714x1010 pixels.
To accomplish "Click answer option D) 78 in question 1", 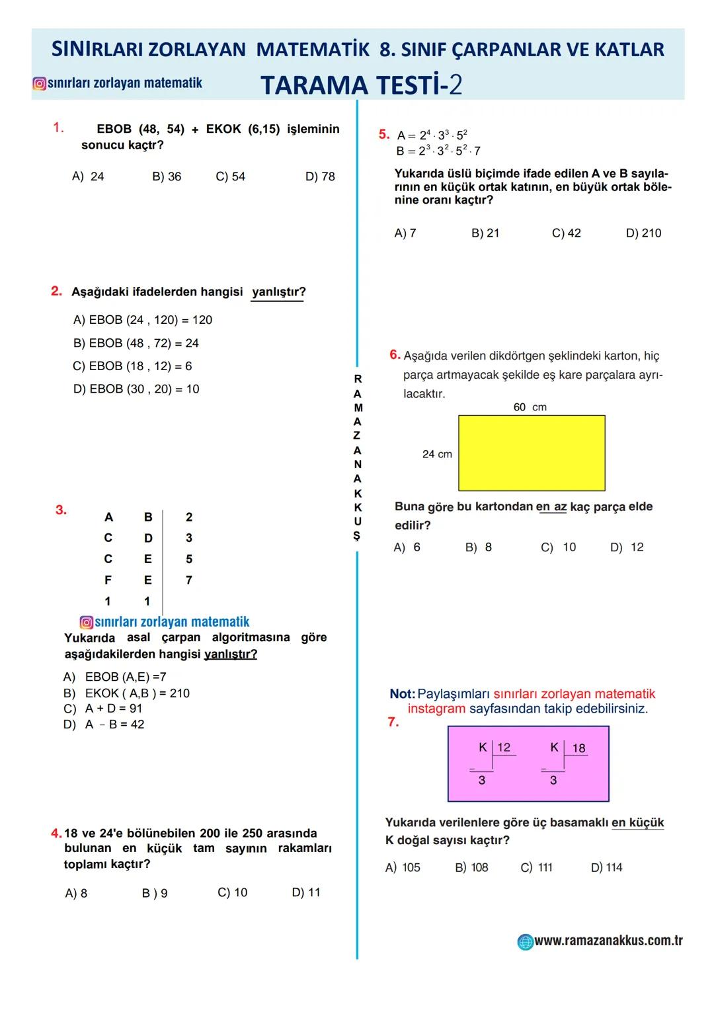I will click(320, 176).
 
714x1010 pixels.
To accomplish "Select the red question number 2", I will click(56, 291).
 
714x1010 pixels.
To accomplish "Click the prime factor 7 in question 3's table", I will click(189, 580).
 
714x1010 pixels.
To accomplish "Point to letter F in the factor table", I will click(108, 580).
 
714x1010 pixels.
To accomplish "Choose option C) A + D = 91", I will click(102, 709).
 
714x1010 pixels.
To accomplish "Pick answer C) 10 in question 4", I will click(232, 892).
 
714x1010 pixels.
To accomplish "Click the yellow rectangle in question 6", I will click(532, 453).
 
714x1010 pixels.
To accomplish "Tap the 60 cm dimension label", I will click(530, 407).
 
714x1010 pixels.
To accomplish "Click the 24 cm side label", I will click(437, 454).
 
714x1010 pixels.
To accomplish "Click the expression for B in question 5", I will click(438, 151).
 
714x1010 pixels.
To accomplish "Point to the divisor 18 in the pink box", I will click(578, 748).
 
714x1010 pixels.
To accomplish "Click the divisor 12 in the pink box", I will click(504, 747).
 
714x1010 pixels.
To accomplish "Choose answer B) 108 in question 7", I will click(471, 867).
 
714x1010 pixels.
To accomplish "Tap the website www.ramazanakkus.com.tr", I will click(608, 941).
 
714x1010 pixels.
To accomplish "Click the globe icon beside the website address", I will click(525, 942).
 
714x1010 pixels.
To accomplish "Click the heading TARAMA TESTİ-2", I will click(361, 85).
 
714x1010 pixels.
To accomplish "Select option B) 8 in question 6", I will click(479, 547).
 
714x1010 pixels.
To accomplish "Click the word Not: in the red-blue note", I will click(402, 694).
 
